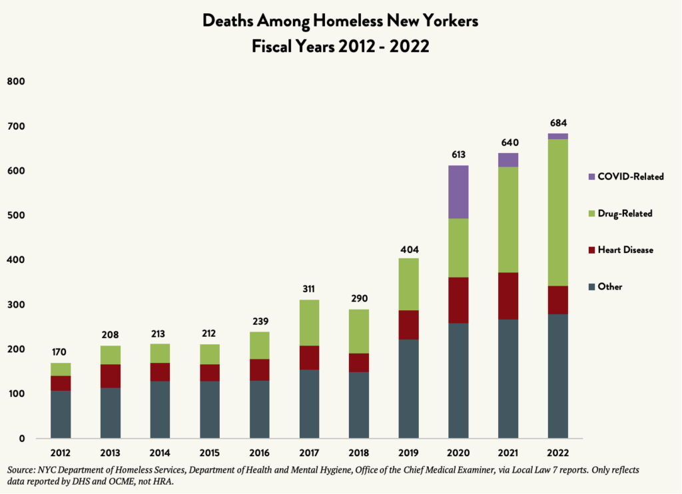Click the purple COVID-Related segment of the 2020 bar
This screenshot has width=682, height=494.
tap(458, 192)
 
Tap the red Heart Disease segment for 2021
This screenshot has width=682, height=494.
tap(508, 296)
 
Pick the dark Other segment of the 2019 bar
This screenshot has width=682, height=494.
tap(408, 389)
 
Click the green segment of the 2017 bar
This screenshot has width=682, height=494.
tap(309, 322)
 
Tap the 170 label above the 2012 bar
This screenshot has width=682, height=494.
tap(61, 352)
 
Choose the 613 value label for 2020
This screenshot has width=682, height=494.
tap(458, 155)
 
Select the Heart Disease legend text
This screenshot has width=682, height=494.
tap(625, 250)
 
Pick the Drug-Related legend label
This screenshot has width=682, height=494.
tap(625, 214)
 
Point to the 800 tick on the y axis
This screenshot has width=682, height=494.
tap(15, 82)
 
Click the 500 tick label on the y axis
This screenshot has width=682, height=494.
tap(15, 216)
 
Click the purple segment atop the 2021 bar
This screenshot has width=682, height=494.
tap(508, 160)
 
